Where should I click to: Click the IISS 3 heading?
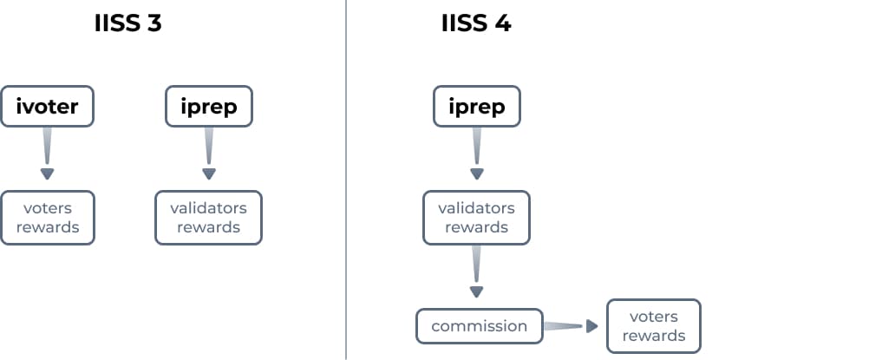(127, 23)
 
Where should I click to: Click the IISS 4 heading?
(476, 23)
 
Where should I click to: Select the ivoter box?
(47, 107)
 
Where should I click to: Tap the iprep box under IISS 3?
(208, 107)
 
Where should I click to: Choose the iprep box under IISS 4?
(476, 107)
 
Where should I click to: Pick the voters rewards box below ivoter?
(47, 218)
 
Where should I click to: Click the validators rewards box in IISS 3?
(208, 218)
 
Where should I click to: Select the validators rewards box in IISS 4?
(476, 218)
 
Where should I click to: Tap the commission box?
(479, 326)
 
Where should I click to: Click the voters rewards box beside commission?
(653, 326)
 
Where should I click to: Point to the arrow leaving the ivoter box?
(47, 154)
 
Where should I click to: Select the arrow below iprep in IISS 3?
(208, 154)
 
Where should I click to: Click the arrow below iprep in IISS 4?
(476, 154)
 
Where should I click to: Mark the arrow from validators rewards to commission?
(476, 272)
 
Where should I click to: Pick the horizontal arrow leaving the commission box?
(572, 326)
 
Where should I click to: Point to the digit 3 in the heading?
(154, 23)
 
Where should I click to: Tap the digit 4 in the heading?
(502, 23)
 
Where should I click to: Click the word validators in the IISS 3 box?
(208, 208)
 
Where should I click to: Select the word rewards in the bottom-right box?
(653, 336)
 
